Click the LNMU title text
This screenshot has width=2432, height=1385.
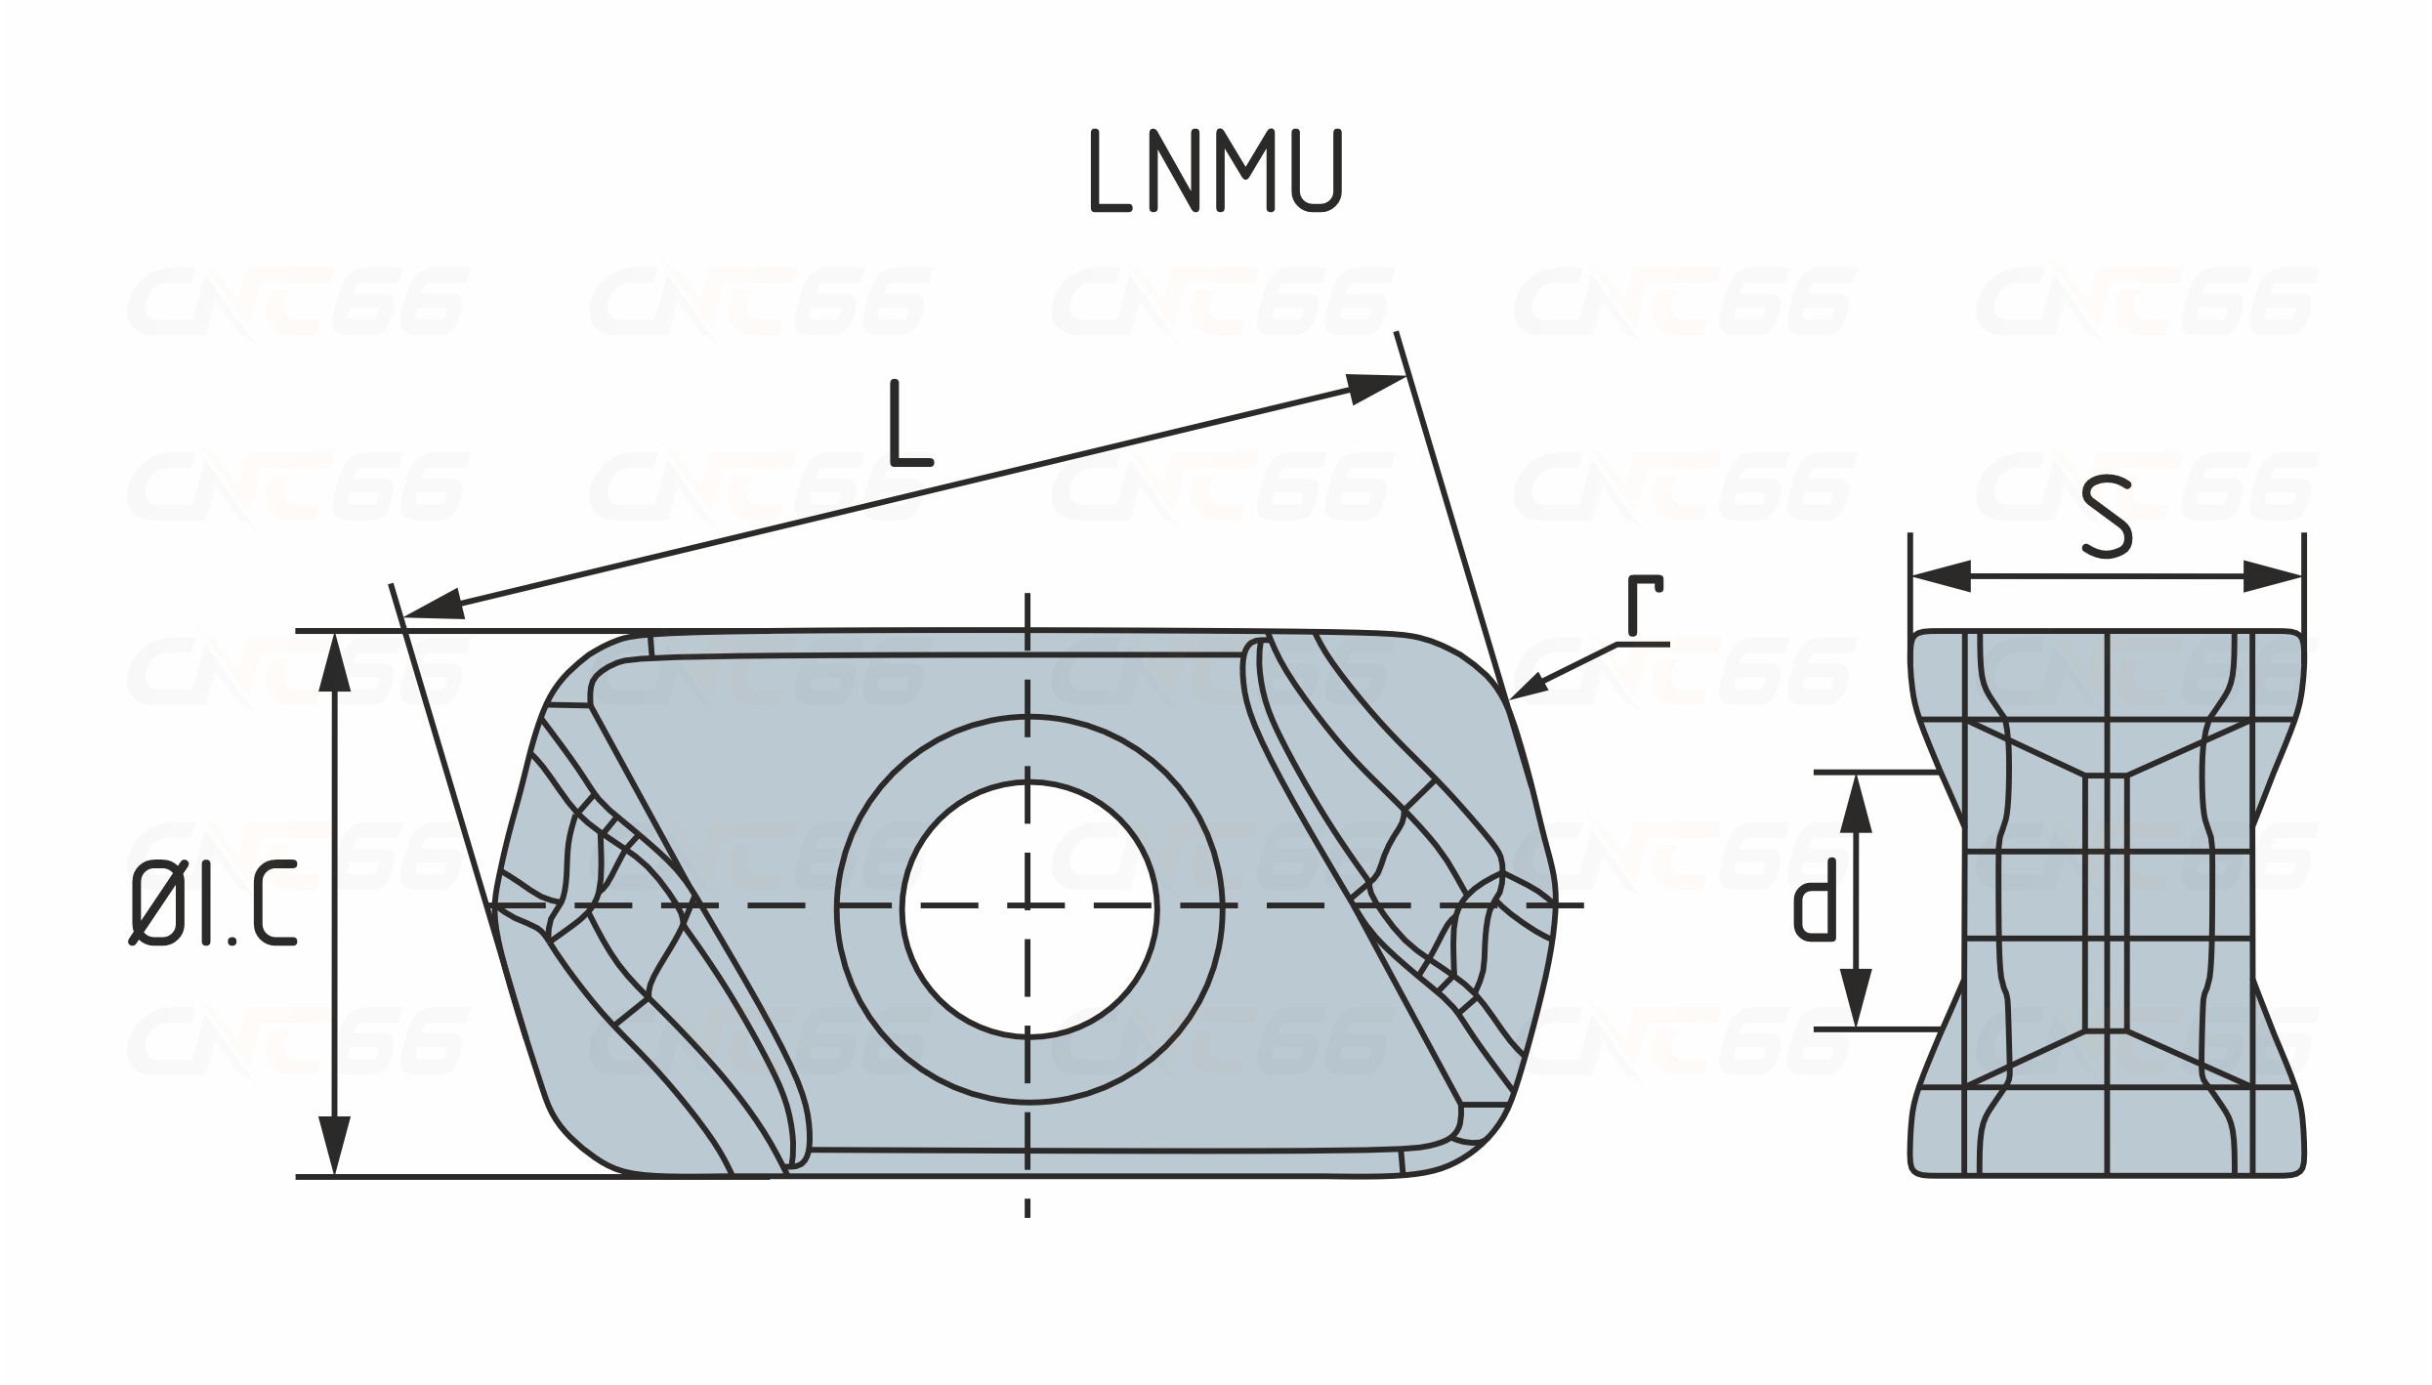click(x=1216, y=171)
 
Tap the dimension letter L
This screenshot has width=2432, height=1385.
click(x=910, y=423)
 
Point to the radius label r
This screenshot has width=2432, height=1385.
click(x=1644, y=605)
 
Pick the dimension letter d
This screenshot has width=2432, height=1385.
click(x=1816, y=900)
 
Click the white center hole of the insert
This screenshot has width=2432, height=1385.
click(x=1028, y=908)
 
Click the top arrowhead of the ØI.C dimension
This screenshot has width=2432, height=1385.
click(x=335, y=661)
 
